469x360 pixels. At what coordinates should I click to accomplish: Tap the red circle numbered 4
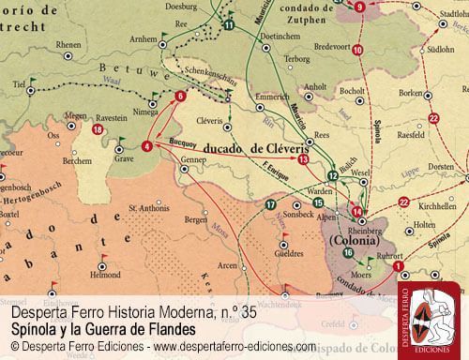coord(146,146)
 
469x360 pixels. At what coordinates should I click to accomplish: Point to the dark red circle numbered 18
coord(98,129)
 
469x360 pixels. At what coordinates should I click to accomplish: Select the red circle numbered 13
coord(302,159)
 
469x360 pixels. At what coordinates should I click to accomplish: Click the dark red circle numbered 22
coord(432,118)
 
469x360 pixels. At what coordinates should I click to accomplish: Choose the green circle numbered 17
coord(271,204)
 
